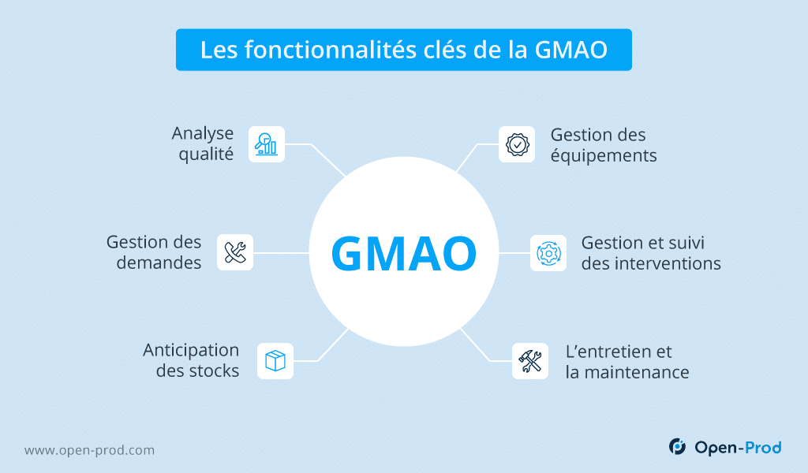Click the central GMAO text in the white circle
click(x=404, y=253)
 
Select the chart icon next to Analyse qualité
click(x=267, y=144)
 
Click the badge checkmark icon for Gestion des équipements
click(x=517, y=144)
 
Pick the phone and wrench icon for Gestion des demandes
click(x=235, y=252)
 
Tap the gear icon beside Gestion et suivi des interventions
click(x=548, y=253)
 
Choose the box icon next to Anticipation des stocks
click(x=275, y=361)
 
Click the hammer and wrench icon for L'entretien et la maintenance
click(x=530, y=361)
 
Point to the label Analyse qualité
click(x=203, y=143)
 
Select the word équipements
click(x=604, y=156)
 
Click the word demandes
click(x=159, y=263)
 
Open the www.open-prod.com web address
click(x=90, y=450)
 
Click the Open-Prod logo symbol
click(x=677, y=446)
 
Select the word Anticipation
click(x=191, y=351)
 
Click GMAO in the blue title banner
click(x=571, y=50)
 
